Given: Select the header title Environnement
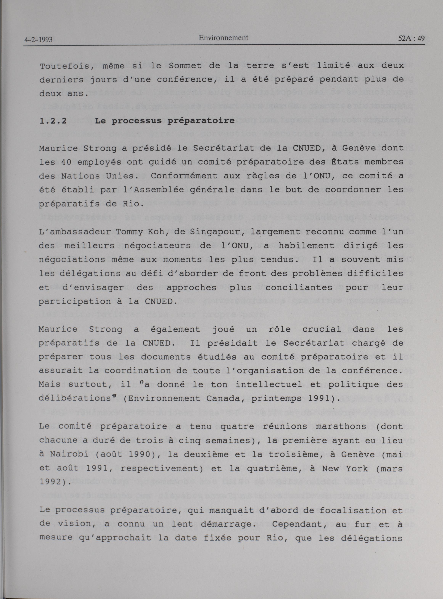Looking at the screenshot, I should (223, 38).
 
